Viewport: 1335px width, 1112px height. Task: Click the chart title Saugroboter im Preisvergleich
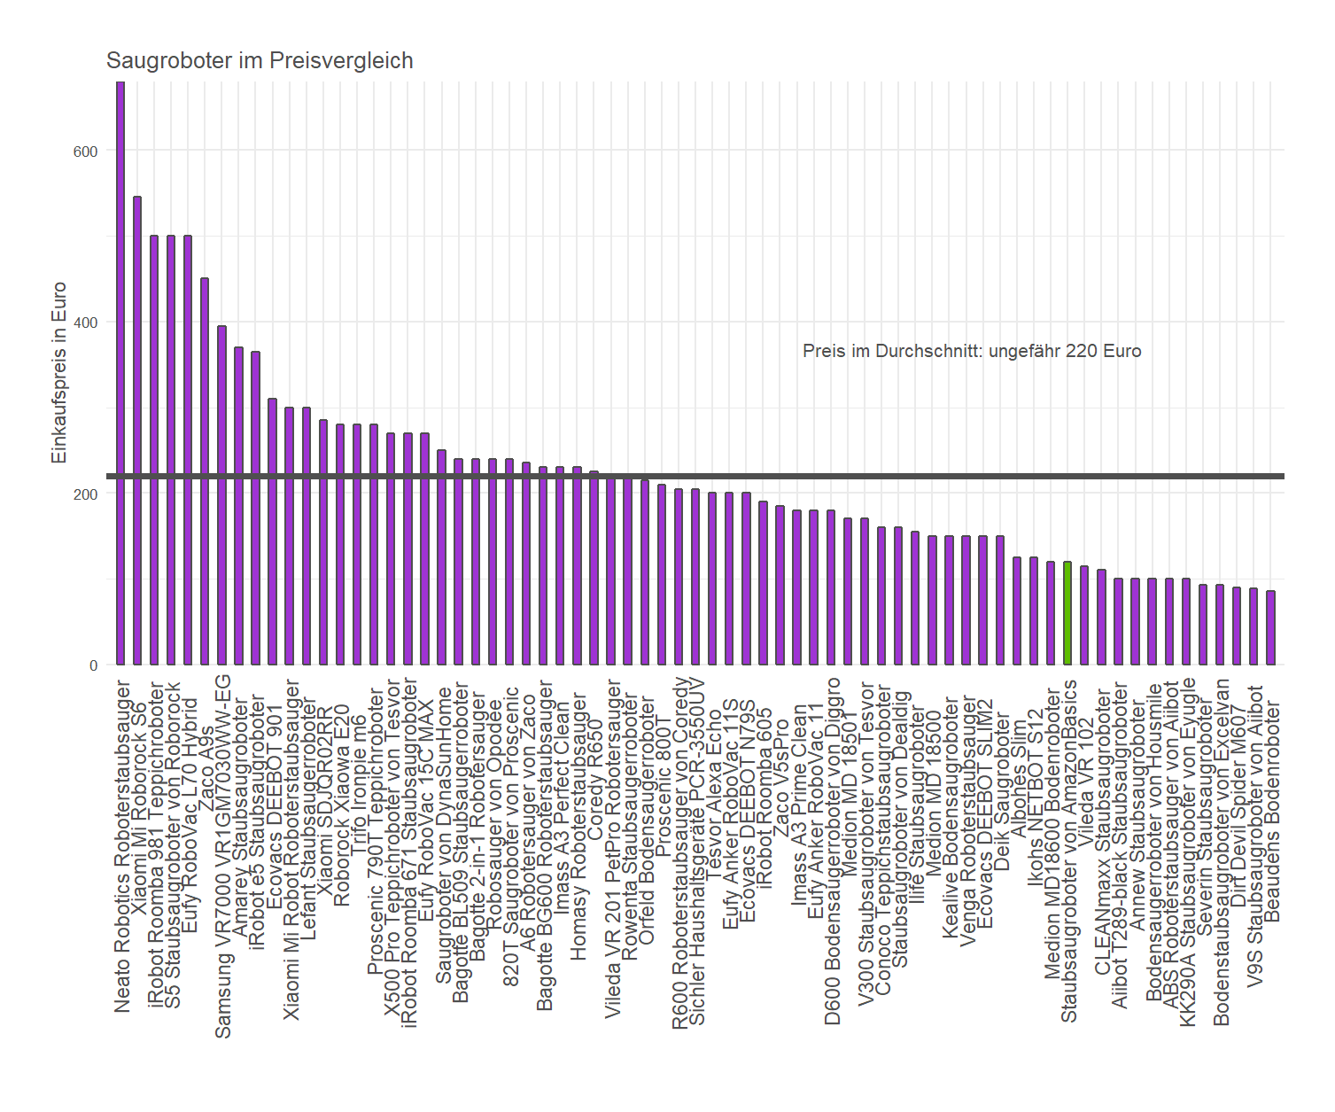pyautogui.click(x=260, y=61)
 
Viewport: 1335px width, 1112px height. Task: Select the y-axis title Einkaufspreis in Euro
pyautogui.click(x=59, y=373)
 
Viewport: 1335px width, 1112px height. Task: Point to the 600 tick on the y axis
pyautogui.click(x=86, y=152)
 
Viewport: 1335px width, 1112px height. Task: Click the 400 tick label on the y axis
pyautogui.click(x=86, y=323)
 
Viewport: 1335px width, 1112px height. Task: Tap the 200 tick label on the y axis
pyautogui.click(x=86, y=494)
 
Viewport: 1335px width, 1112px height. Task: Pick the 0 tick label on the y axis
pyautogui.click(x=93, y=665)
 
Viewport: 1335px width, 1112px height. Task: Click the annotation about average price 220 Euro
pyautogui.click(x=972, y=351)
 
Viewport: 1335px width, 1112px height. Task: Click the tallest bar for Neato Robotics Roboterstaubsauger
pyautogui.click(x=120, y=372)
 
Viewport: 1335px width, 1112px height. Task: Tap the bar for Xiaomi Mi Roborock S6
pyautogui.click(x=137, y=431)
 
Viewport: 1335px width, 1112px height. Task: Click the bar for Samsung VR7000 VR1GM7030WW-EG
pyautogui.click(x=221, y=495)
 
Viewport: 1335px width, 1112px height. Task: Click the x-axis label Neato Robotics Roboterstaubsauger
pyautogui.click(x=123, y=846)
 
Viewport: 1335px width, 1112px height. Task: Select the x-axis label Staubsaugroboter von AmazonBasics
pyautogui.click(x=1069, y=851)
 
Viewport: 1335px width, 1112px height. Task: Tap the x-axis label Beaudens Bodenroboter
pyautogui.click(x=1273, y=811)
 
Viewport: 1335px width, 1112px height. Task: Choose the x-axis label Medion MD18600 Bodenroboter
pyautogui.click(x=1052, y=834)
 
